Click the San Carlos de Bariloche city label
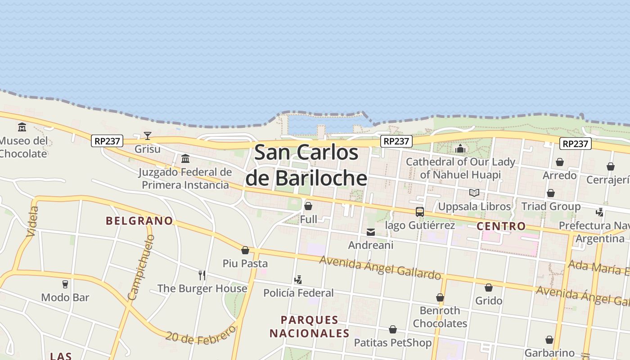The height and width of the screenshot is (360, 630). pyautogui.click(x=306, y=165)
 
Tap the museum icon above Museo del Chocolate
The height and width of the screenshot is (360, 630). pyautogui.click(x=22, y=127)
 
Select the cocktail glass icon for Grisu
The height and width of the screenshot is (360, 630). pyautogui.click(x=148, y=135)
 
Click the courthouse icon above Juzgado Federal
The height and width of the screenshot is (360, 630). pyautogui.click(x=185, y=158)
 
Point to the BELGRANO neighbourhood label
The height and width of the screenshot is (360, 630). pyautogui.click(x=139, y=220)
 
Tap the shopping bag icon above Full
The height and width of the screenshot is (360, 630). pyautogui.click(x=308, y=206)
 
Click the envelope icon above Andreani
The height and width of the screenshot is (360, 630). pyautogui.click(x=371, y=232)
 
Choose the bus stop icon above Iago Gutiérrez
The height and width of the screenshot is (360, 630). pyautogui.click(x=419, y=211)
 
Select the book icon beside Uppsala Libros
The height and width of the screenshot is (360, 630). pyautogui.click(x=474, y=193)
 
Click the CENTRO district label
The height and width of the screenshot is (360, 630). pyautogui.click(x=501, y=226)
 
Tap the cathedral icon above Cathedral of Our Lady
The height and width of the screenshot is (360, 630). pyautogui.click(x=460, y=148)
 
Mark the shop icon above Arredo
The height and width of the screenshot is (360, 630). pyautogui.click(x=560, y=162)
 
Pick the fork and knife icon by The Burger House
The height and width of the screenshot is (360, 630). pyautogui.click(x=202, y=275)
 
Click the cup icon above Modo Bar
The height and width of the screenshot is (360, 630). pyautogui.click(x=65, y=284)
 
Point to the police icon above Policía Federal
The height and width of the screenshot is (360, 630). pyautogui.click(x=298, y=280)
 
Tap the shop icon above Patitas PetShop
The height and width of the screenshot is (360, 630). pyautogui.click(x=393, y=329)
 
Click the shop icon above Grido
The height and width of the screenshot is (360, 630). pyautogui.click(x=489, y=287)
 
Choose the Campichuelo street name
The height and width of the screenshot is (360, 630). pyautogui.click(x=141, y=267)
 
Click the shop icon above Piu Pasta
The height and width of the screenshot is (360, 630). pyautogui.click(x=245, y=250)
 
